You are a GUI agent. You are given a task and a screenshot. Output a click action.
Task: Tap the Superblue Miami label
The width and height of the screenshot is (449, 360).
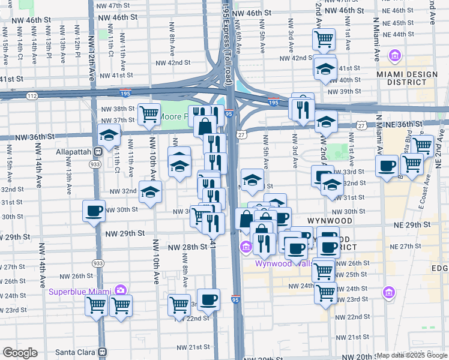click(x=80, y=292)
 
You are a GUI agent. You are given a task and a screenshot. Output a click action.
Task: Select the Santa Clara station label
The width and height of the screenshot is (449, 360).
click(x=76, y=352)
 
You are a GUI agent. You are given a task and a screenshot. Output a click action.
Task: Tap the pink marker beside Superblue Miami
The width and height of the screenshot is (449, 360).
click(x=121, y=290)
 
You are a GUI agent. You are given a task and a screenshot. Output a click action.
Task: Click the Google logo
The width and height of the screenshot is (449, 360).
click(x=20, y=353)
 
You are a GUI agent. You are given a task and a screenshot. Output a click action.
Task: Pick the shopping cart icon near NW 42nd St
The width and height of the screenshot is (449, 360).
click(x=324, y=40)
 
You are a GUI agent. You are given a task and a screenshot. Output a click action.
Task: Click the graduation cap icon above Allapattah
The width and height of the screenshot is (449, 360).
click(x=108, y=136)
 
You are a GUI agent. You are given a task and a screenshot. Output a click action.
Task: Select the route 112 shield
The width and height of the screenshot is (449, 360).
click(x=32, y=95)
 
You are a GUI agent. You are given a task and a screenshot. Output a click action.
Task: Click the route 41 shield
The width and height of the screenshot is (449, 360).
click(x=212, y=244)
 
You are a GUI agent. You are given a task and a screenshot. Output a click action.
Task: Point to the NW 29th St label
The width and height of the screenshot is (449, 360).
click(x=125, y=233)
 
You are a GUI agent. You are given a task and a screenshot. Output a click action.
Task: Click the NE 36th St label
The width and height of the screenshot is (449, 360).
click(x=414, y=124)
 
